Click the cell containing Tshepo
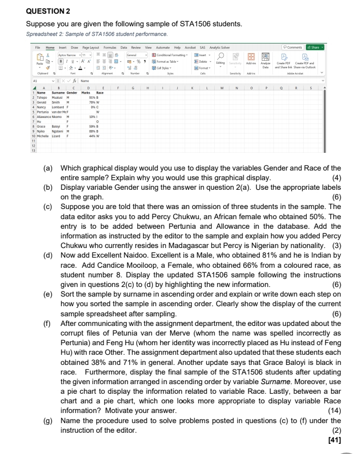point(41,97)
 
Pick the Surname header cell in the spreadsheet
point(57,93)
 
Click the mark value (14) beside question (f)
point(335,409)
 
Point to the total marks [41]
point(334,439)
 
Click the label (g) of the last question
point(49,420)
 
